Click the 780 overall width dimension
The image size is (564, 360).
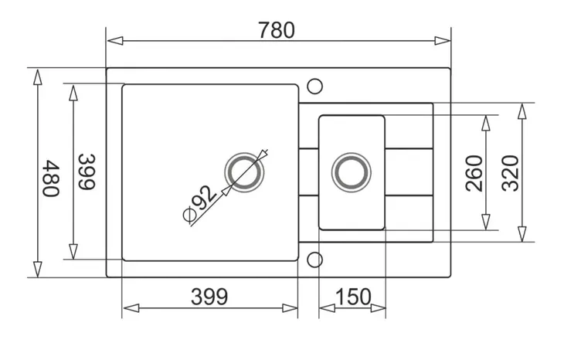tap(277, 30)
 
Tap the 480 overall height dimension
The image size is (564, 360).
tap(51, 178)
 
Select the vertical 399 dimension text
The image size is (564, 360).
tap(87, 172)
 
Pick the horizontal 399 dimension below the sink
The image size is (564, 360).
tap(209, 297)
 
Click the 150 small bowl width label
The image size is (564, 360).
tap(353, 297)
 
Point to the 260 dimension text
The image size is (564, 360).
tap(474, 173)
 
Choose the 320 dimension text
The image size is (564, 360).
tap(511, 173)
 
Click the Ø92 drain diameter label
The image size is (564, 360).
tap(199, 203)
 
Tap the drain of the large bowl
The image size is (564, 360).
tap(244, 172)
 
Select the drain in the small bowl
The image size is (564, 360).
tap(351, 172)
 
